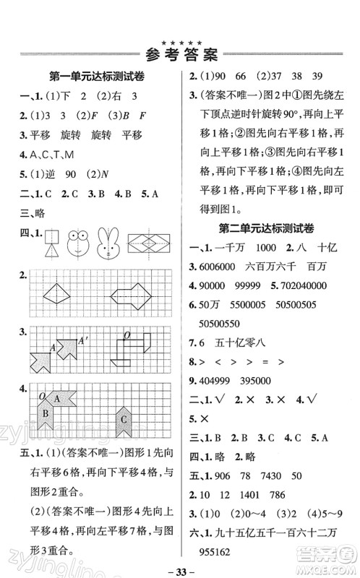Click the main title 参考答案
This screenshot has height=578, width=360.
[x=181, y=53]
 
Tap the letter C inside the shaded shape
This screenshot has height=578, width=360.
[x=124, y=419]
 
